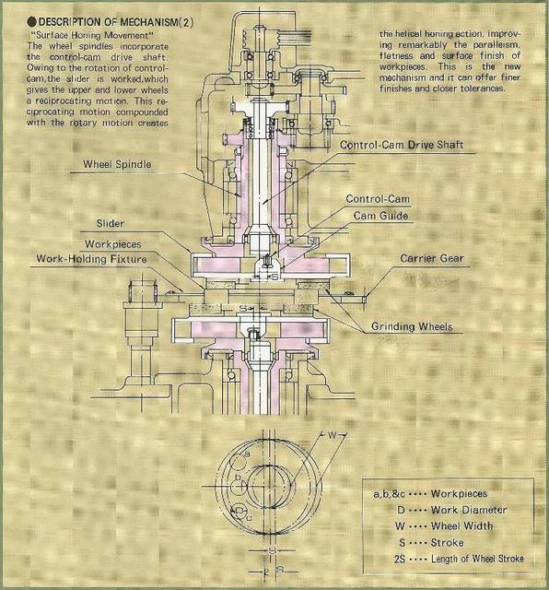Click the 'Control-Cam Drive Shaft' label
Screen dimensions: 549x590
click(x=402, y=145)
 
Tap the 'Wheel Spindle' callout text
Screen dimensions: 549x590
click(x=117, y=164)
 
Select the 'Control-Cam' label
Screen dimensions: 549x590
click(x=378, y=199)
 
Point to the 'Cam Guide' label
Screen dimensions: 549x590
click(x=380, y=216)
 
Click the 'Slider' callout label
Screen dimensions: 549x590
click(x=110, y=223)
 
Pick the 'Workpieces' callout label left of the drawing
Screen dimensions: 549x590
click(x=112, y=243)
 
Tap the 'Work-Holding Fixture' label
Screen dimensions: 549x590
click(x=91, y=259)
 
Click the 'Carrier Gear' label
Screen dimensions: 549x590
click(x=432, y=258)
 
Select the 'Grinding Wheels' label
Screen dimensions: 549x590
click(x=412, y=326)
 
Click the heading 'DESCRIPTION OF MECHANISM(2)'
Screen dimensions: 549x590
click(x=116, y=22)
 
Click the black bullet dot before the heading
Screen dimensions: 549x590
click(x=32, y=22)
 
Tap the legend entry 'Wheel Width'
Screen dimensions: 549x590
click(x=461, y=525)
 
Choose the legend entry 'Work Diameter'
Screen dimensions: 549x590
click(x=469, y=510)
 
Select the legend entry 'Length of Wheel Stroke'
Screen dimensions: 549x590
click(x=477, y=559)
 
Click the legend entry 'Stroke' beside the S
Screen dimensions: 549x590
click(x=447, y=542)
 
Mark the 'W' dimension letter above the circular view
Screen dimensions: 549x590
click(x=332, y=435)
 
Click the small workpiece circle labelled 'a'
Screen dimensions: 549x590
click(x=238, y=463)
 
